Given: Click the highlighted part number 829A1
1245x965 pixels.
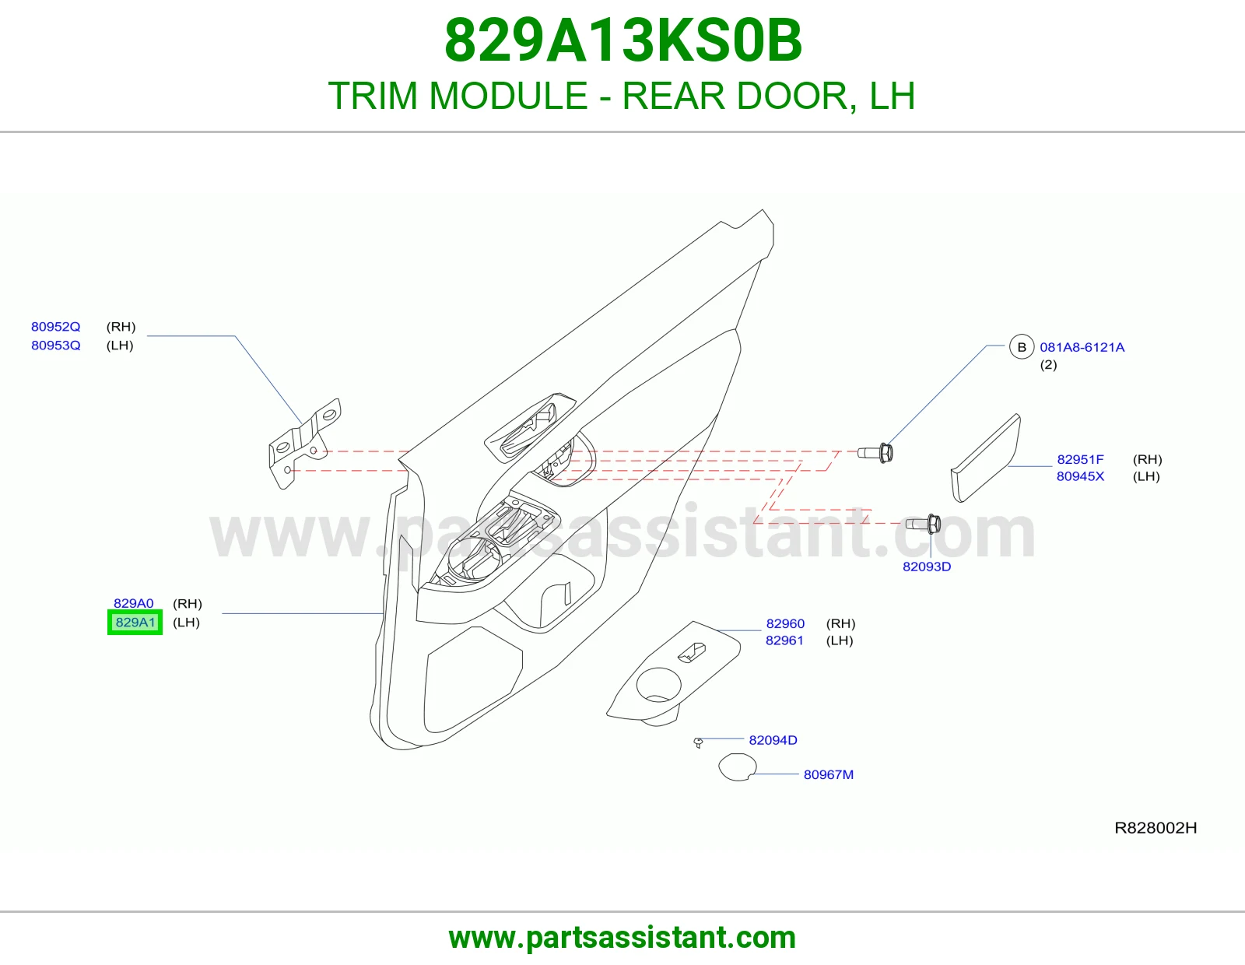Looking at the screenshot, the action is [x=135, y=623].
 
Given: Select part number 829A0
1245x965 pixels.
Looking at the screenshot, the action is [x=134, y=603].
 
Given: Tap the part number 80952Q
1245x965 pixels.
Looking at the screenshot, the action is [x=55, y=327].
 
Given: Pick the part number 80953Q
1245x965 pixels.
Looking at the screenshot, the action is [x=55, y=346].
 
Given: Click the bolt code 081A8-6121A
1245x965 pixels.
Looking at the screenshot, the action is [x=1082, y=347].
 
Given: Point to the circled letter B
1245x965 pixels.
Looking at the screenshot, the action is [x=1022, y=346].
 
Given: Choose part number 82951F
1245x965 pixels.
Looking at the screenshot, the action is [x=1080, y=460].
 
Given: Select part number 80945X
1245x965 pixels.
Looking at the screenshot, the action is [x=1080, y=476].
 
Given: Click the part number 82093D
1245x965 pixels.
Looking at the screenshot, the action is [x=927, y=567].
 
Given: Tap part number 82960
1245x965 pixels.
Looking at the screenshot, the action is [x=785, y=623].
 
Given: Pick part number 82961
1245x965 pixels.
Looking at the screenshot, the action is [x=784, y=640].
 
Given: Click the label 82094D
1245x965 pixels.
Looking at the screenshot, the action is [x=773, y=740].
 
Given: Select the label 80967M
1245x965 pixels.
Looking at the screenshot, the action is [x=829, y=775].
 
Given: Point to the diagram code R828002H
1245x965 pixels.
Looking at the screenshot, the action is [x=1155, y=827].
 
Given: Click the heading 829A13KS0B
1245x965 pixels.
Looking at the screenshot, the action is [x=622, y=40].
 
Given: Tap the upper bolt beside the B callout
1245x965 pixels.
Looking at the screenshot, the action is [x=875, y=453].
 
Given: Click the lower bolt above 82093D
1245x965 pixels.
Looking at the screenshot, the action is [x=923, y=524].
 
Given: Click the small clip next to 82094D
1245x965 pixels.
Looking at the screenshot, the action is [x=698, y=742].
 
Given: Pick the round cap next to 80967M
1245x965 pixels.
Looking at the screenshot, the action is [x=738, y=767].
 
